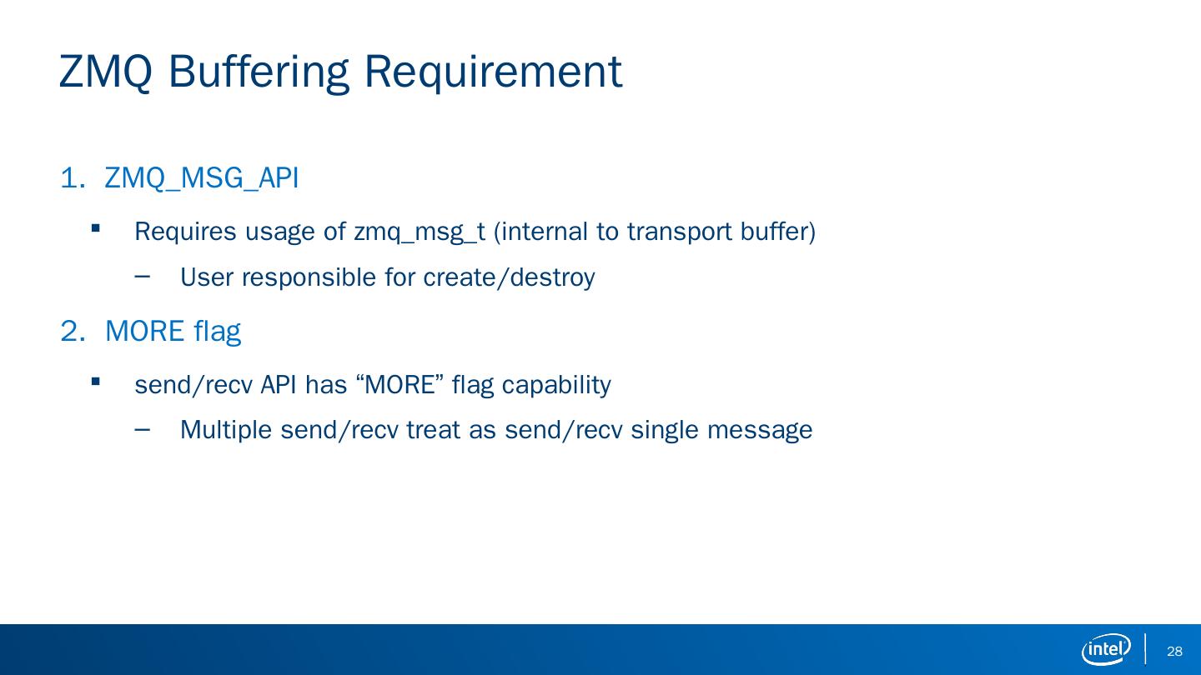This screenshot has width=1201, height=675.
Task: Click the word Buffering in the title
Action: coord(259,73)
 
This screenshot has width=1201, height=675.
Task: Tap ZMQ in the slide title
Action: coord(106,72)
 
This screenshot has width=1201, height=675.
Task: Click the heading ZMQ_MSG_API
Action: coord(202,177)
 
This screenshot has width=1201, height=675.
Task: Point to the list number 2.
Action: coord(73,331)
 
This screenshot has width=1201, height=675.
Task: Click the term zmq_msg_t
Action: coord(420,232)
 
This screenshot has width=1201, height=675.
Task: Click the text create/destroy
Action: coord(510,277)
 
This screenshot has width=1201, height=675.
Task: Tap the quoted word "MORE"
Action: coord(399,385)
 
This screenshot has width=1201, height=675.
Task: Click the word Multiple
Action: coord(226,430)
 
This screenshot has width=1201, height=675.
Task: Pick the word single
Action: coord(665,430)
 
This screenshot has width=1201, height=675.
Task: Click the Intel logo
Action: coord(1106,649)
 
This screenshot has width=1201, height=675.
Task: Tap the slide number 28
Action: coord(1174,651)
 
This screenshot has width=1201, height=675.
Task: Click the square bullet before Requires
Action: coord(95,228)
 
